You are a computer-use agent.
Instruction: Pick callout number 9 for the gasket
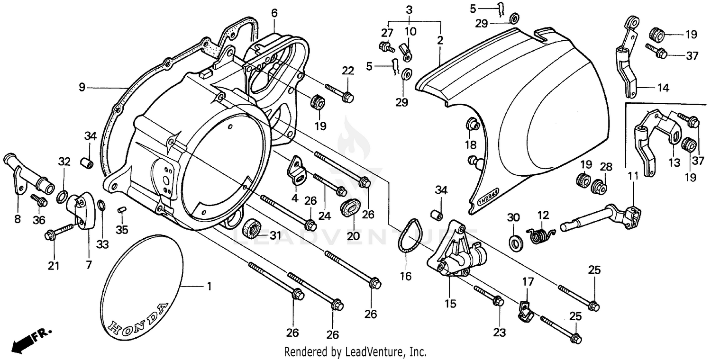(x=82, y=87)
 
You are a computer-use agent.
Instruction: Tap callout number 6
(x=274, y=13)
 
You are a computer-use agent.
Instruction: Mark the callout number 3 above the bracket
(x=409, y=10)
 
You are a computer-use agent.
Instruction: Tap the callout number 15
(x=450, y=303)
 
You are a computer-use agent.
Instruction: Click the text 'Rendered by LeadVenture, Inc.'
(x=355, y=352)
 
